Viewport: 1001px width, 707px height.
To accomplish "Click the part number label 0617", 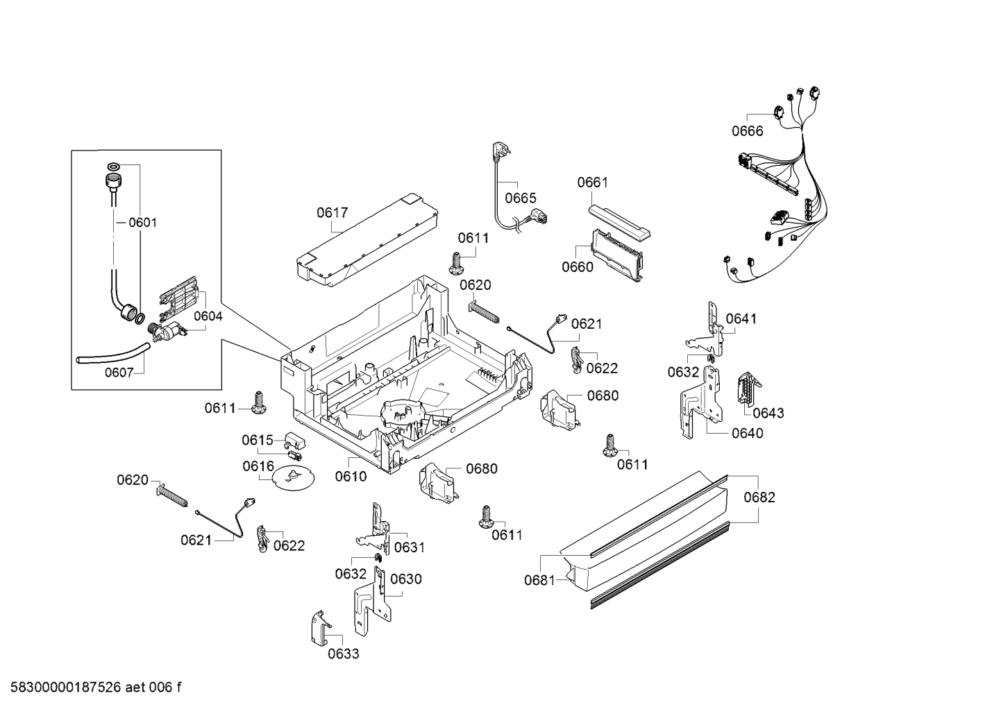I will pyautogui.click(x=332, y=213).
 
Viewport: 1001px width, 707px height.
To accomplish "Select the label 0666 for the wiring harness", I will pyautogui.click(x=747, y=131).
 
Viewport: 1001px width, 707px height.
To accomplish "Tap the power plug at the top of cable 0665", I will pyautogui.click(x=498, y=151).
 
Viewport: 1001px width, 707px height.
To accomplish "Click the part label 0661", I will pyautogui.click(x=592, y=182).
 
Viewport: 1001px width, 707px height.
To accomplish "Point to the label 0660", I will pyautogui.click(x=578, y=267).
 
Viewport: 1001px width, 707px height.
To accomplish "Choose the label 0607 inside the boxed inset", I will pyautogui.click(x=119, y=373).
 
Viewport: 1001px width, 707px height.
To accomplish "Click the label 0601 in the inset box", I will pyautogui.click(x=142, y=223).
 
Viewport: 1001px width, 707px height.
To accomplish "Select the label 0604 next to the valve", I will pyautogui.click(x=208, y=316).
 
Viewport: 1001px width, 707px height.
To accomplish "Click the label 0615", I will pyautogui.click(x=257, y=440).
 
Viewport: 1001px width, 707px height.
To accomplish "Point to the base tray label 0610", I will pyautogui.click(x=351, y=476).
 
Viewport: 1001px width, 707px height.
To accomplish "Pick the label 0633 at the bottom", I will pyautogui.click(x=344, y=654).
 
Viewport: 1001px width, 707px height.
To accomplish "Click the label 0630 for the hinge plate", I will pyautogui.click(x=405, y=579).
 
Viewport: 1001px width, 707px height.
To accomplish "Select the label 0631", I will pyautogui.click(x=409, y=547).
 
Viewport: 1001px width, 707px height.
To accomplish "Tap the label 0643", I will pyautogui.click(x=768, y=413).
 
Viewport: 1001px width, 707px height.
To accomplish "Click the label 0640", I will pyautogui.click(x=747, y=433).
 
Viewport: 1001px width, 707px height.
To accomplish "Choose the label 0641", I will pyautogui.click(x=741, y=318).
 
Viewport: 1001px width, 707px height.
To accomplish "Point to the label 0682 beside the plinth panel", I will pyautogui.click(x=759, y=497).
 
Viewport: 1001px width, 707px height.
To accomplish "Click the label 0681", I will pyautogui.click(x=539, y=580).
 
